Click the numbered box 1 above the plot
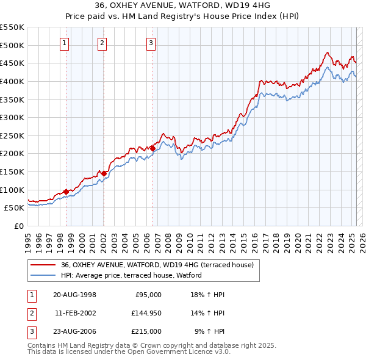tap(65, 43)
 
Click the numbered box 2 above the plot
tap(102, 43)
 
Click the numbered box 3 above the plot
tap(151, 43)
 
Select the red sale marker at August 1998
tap(66, 192)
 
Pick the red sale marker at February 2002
tap(104, 173)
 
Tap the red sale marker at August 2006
tap(152, 148)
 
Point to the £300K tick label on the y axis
tap(12, 117)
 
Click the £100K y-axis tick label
tap(12, 190)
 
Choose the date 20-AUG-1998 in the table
tap(74, 294)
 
